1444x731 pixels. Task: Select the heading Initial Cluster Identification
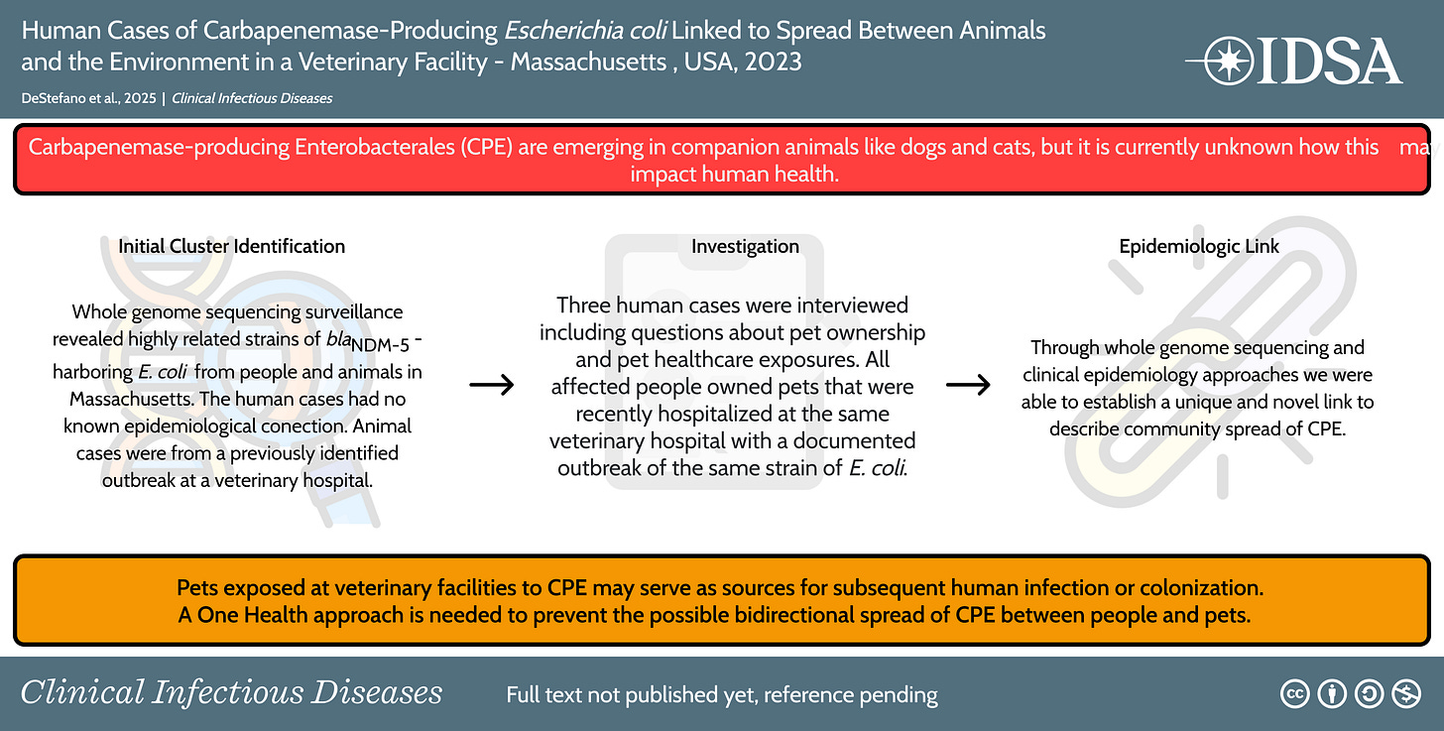point(231,246)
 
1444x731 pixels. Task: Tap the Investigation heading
point(745,246)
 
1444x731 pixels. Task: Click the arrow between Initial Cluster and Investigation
point(491,385)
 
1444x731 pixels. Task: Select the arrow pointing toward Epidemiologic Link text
point(968,385)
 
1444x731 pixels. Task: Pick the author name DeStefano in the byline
point(58,98)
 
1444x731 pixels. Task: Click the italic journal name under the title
point(252,98)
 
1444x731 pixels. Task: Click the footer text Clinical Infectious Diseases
point(231,692)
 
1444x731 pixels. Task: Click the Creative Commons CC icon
point(1295,694)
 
